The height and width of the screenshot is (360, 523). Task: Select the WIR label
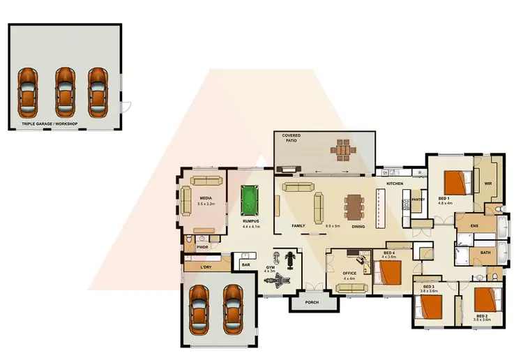point(488,183)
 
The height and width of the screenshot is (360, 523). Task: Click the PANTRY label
point(418,200)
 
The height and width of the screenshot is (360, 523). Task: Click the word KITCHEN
point(395,183)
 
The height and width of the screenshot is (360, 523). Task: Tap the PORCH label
point(312,302)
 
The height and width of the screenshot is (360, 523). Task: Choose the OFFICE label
point(349,273)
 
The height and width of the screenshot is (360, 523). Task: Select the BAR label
point(245,265)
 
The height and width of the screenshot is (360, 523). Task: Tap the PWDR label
point(203,246)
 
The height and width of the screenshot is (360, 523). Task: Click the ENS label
point(473,227)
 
